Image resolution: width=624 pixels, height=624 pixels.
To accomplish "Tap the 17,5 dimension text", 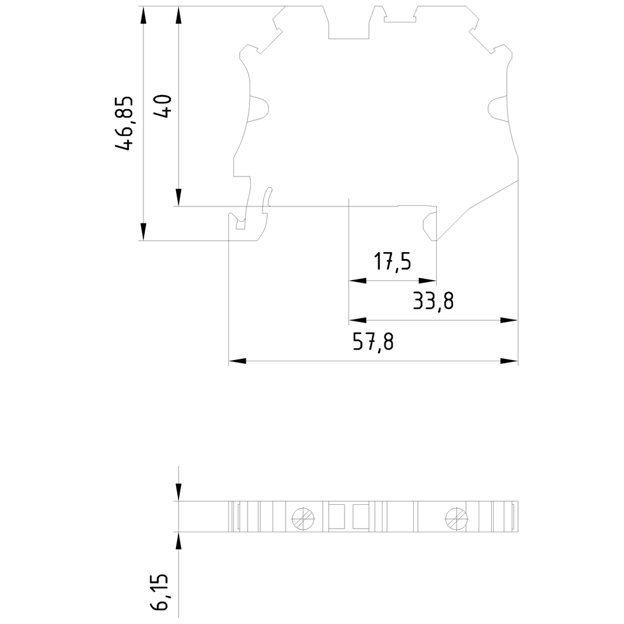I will click(392, 261).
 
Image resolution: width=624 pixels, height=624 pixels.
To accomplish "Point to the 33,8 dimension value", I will click(432, 301).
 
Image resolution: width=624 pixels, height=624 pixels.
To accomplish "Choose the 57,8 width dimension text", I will click(373, 342).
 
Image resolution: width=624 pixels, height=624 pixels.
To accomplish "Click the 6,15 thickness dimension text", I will click(160, 593).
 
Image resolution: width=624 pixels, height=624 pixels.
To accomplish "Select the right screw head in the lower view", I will click(456, 517).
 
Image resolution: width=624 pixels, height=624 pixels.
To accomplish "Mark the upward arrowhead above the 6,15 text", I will click(178, 540).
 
